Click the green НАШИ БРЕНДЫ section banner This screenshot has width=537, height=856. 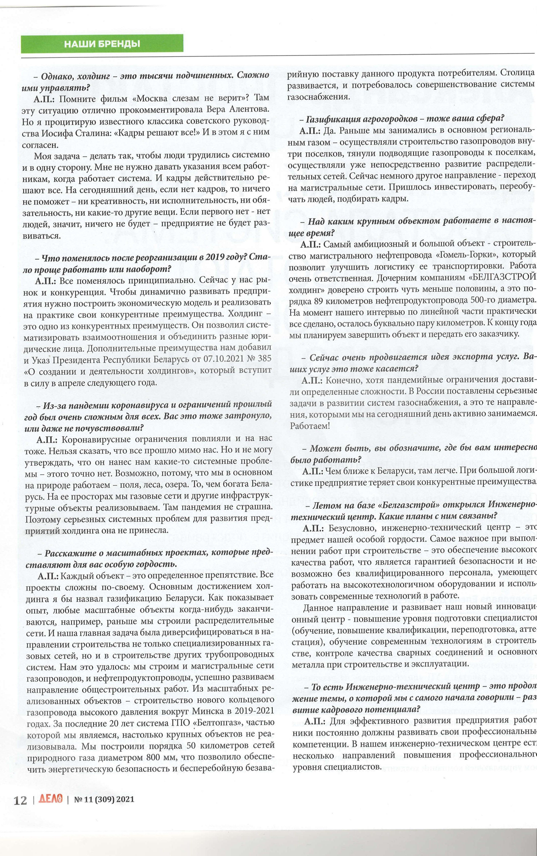click(x=102, y=44)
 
